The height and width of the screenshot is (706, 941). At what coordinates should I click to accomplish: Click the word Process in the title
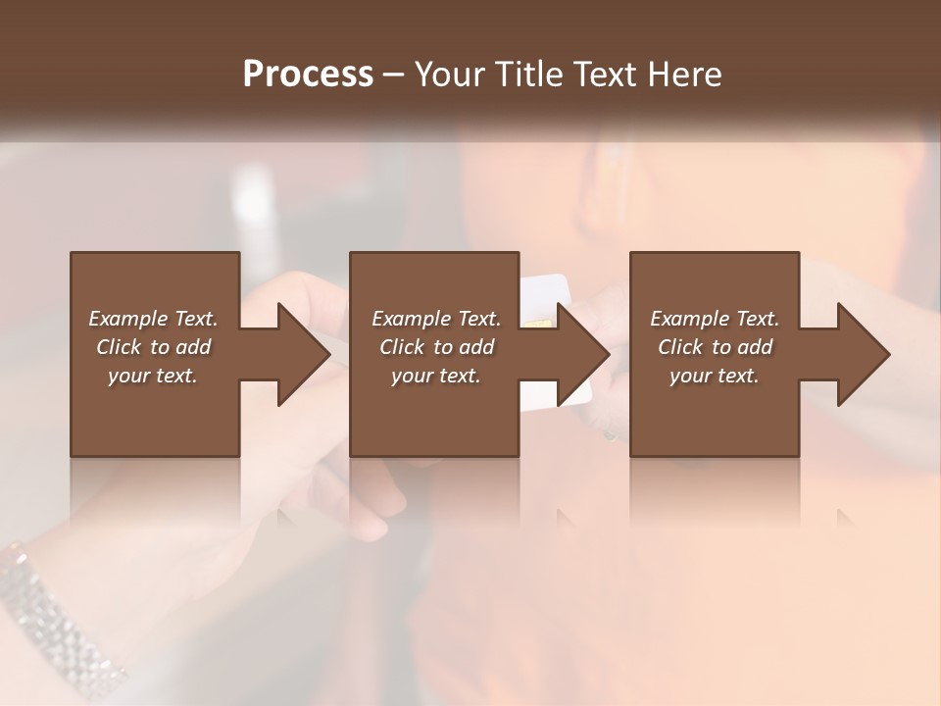pyautogui.click(x=308, y=74)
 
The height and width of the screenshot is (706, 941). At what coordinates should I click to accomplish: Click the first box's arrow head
pyautogui.click(x=303, y=354)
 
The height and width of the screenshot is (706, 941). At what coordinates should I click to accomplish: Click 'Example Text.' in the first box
pyautogui.click(x=153, y=319)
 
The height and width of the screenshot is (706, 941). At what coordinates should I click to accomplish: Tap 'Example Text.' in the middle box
pyautogui.click(x=436, y=319)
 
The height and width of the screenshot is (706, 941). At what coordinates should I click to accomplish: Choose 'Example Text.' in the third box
pyautogui.click(x=715, y=319)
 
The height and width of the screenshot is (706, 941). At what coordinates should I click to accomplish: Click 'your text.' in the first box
pyautogui.click(x=153, y=376)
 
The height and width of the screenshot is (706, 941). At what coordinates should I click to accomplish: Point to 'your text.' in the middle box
pyautogui.click(x=436, y=376)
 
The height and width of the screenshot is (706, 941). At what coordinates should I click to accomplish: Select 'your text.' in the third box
pyautogui.click(x=715, y=376)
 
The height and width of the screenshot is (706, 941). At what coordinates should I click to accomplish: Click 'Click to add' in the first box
pyautogui.click(x=153, y=347)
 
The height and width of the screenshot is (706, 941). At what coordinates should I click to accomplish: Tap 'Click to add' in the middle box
pyautogui.click(x=436, y=347)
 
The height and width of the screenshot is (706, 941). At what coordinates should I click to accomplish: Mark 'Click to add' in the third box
pyautogui.click(x=715, y=347)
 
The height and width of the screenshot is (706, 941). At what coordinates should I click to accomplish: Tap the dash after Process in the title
pyautogui.click(x=394, y=75)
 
